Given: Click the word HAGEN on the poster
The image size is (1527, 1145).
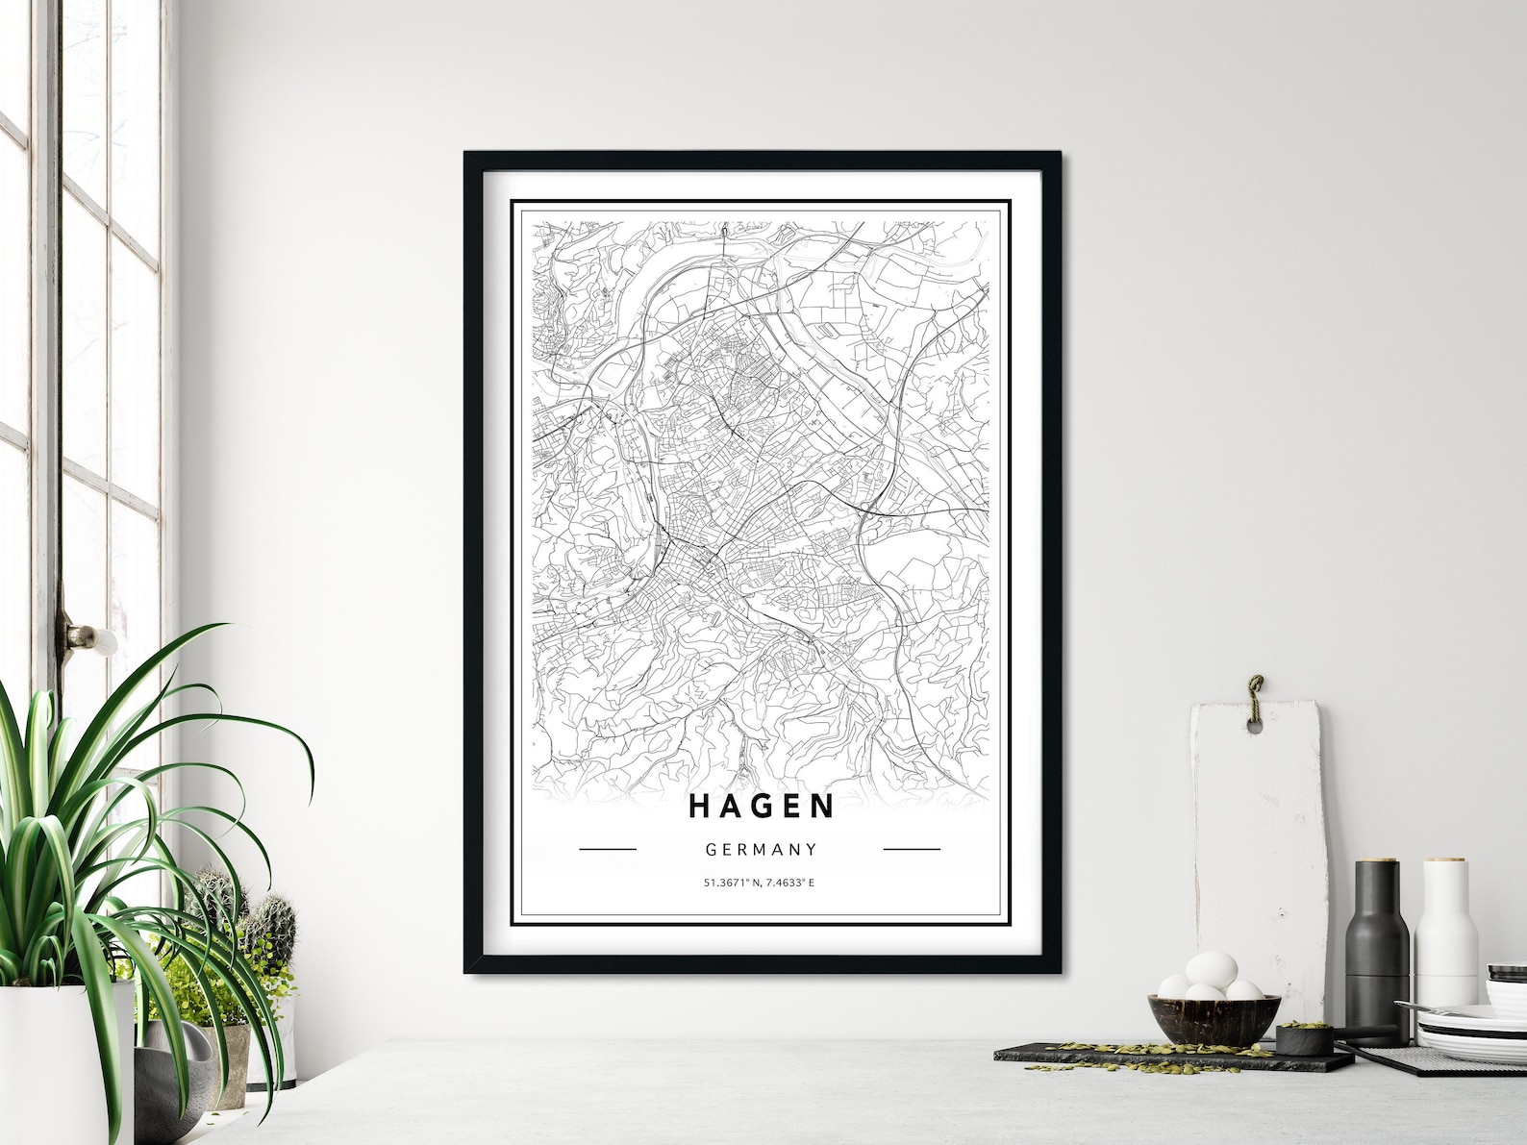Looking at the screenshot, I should pos(762,807).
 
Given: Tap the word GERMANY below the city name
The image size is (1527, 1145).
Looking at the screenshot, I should pos(761,850).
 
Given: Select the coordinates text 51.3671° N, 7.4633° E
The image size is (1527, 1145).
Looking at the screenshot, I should pos(759,882).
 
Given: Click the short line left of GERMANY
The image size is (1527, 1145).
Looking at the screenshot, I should pos(608,849).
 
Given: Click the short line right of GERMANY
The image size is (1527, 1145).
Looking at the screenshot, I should pos(911,849).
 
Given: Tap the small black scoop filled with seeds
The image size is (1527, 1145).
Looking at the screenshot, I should pos(1299,1037).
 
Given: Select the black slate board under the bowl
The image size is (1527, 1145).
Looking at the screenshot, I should pos(1154,1056).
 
